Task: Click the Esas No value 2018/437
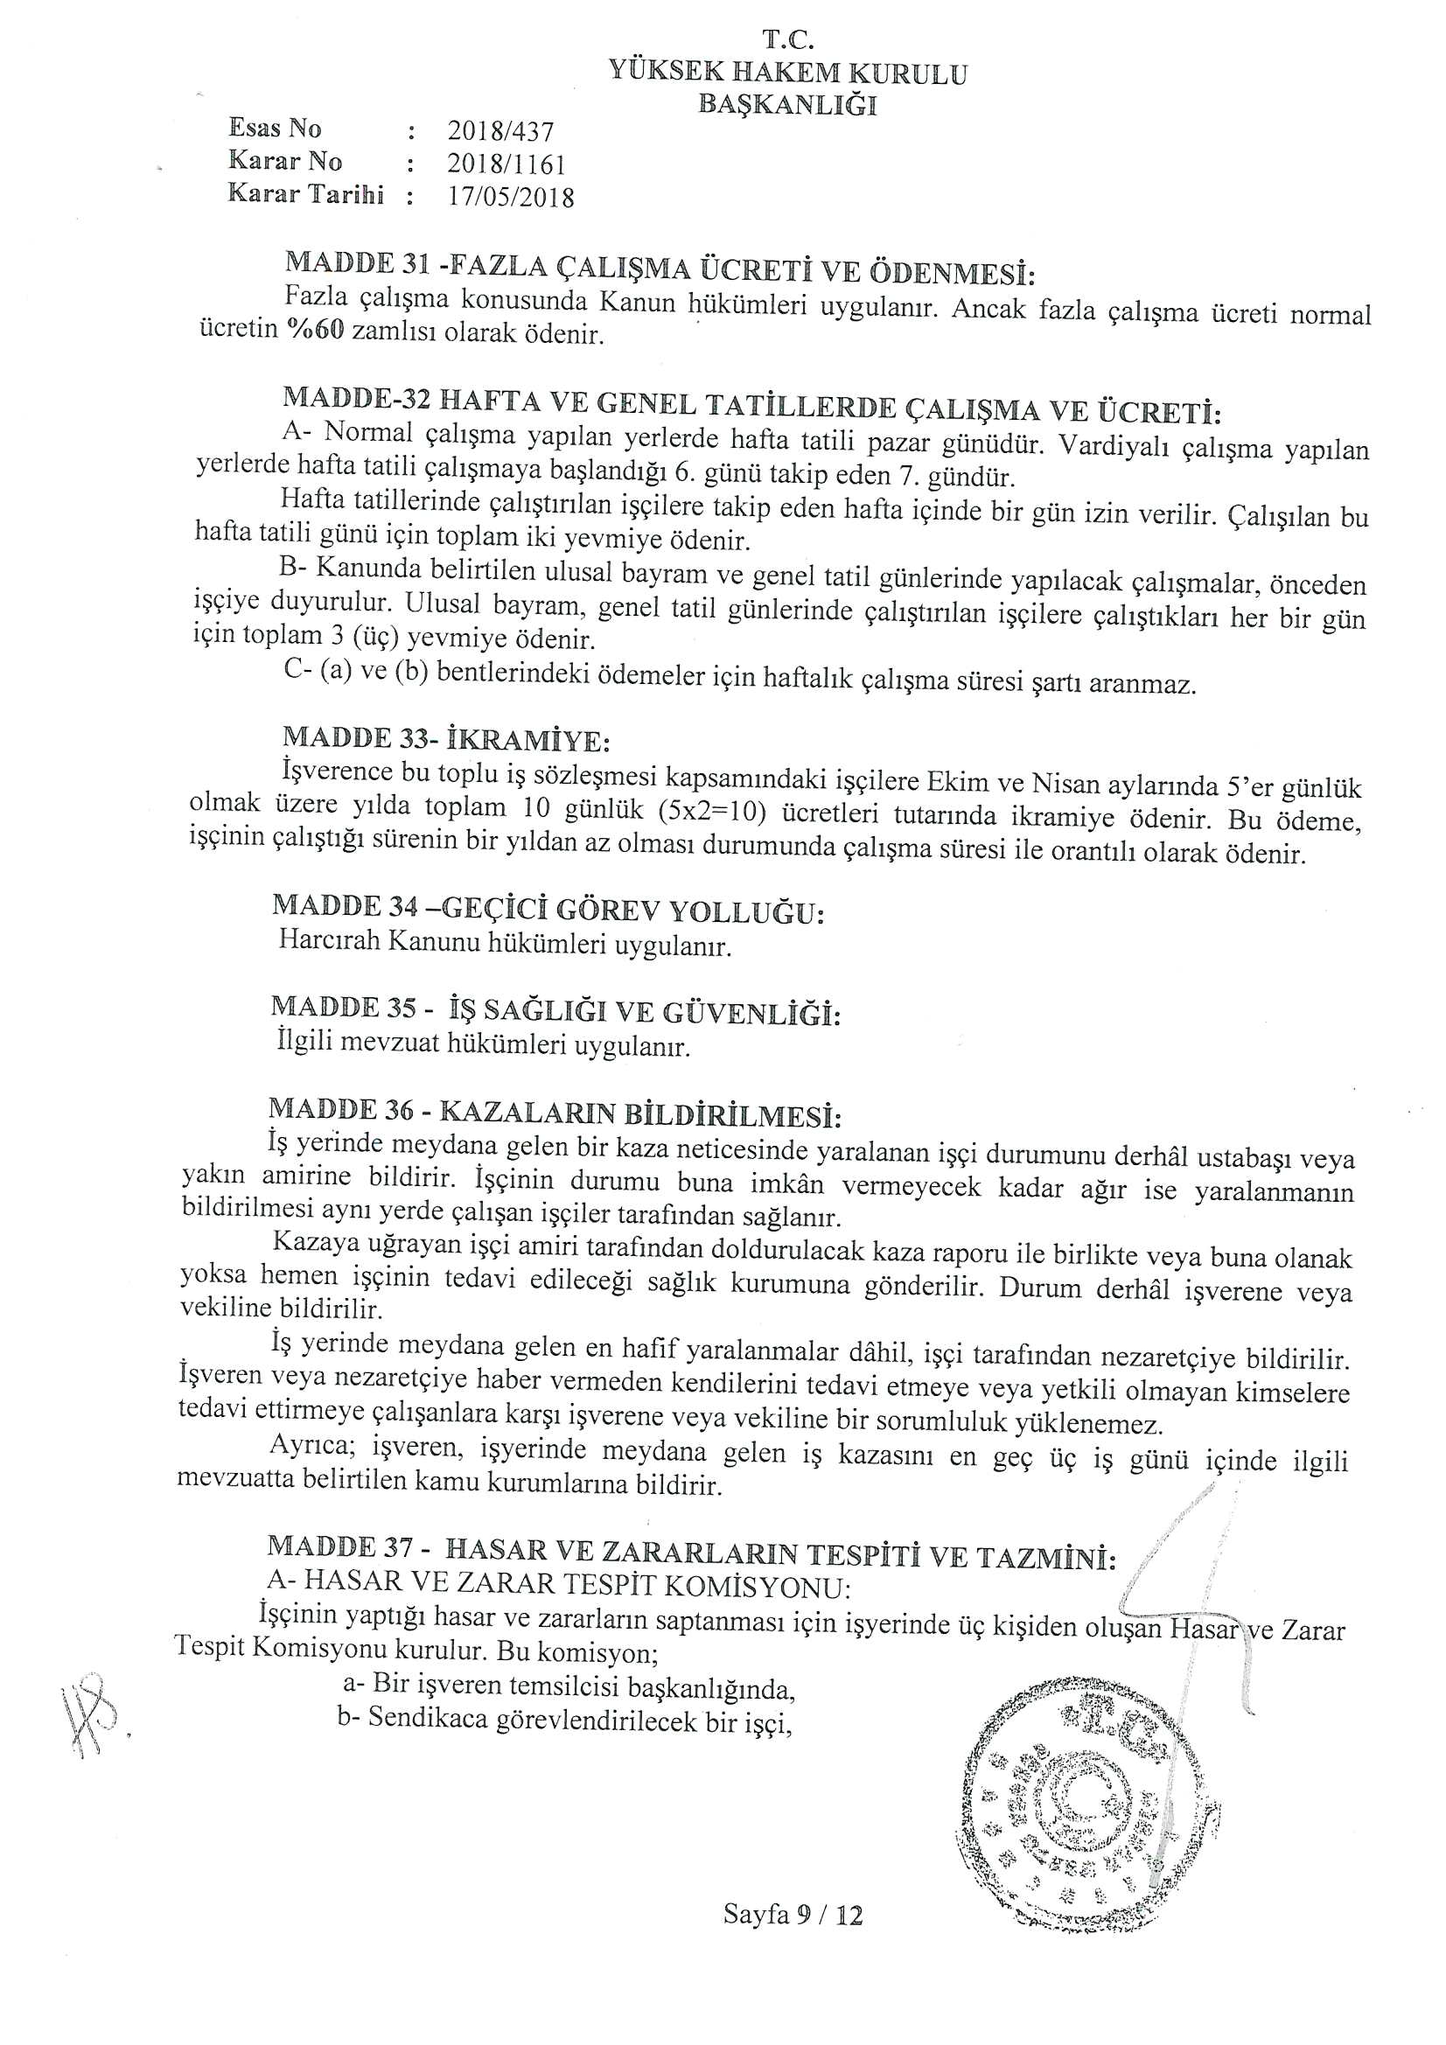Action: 500,132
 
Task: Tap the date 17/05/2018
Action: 512,197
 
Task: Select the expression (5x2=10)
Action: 712,815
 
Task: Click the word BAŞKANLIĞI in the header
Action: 787,104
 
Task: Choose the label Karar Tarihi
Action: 305,194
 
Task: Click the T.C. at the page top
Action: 787,40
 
